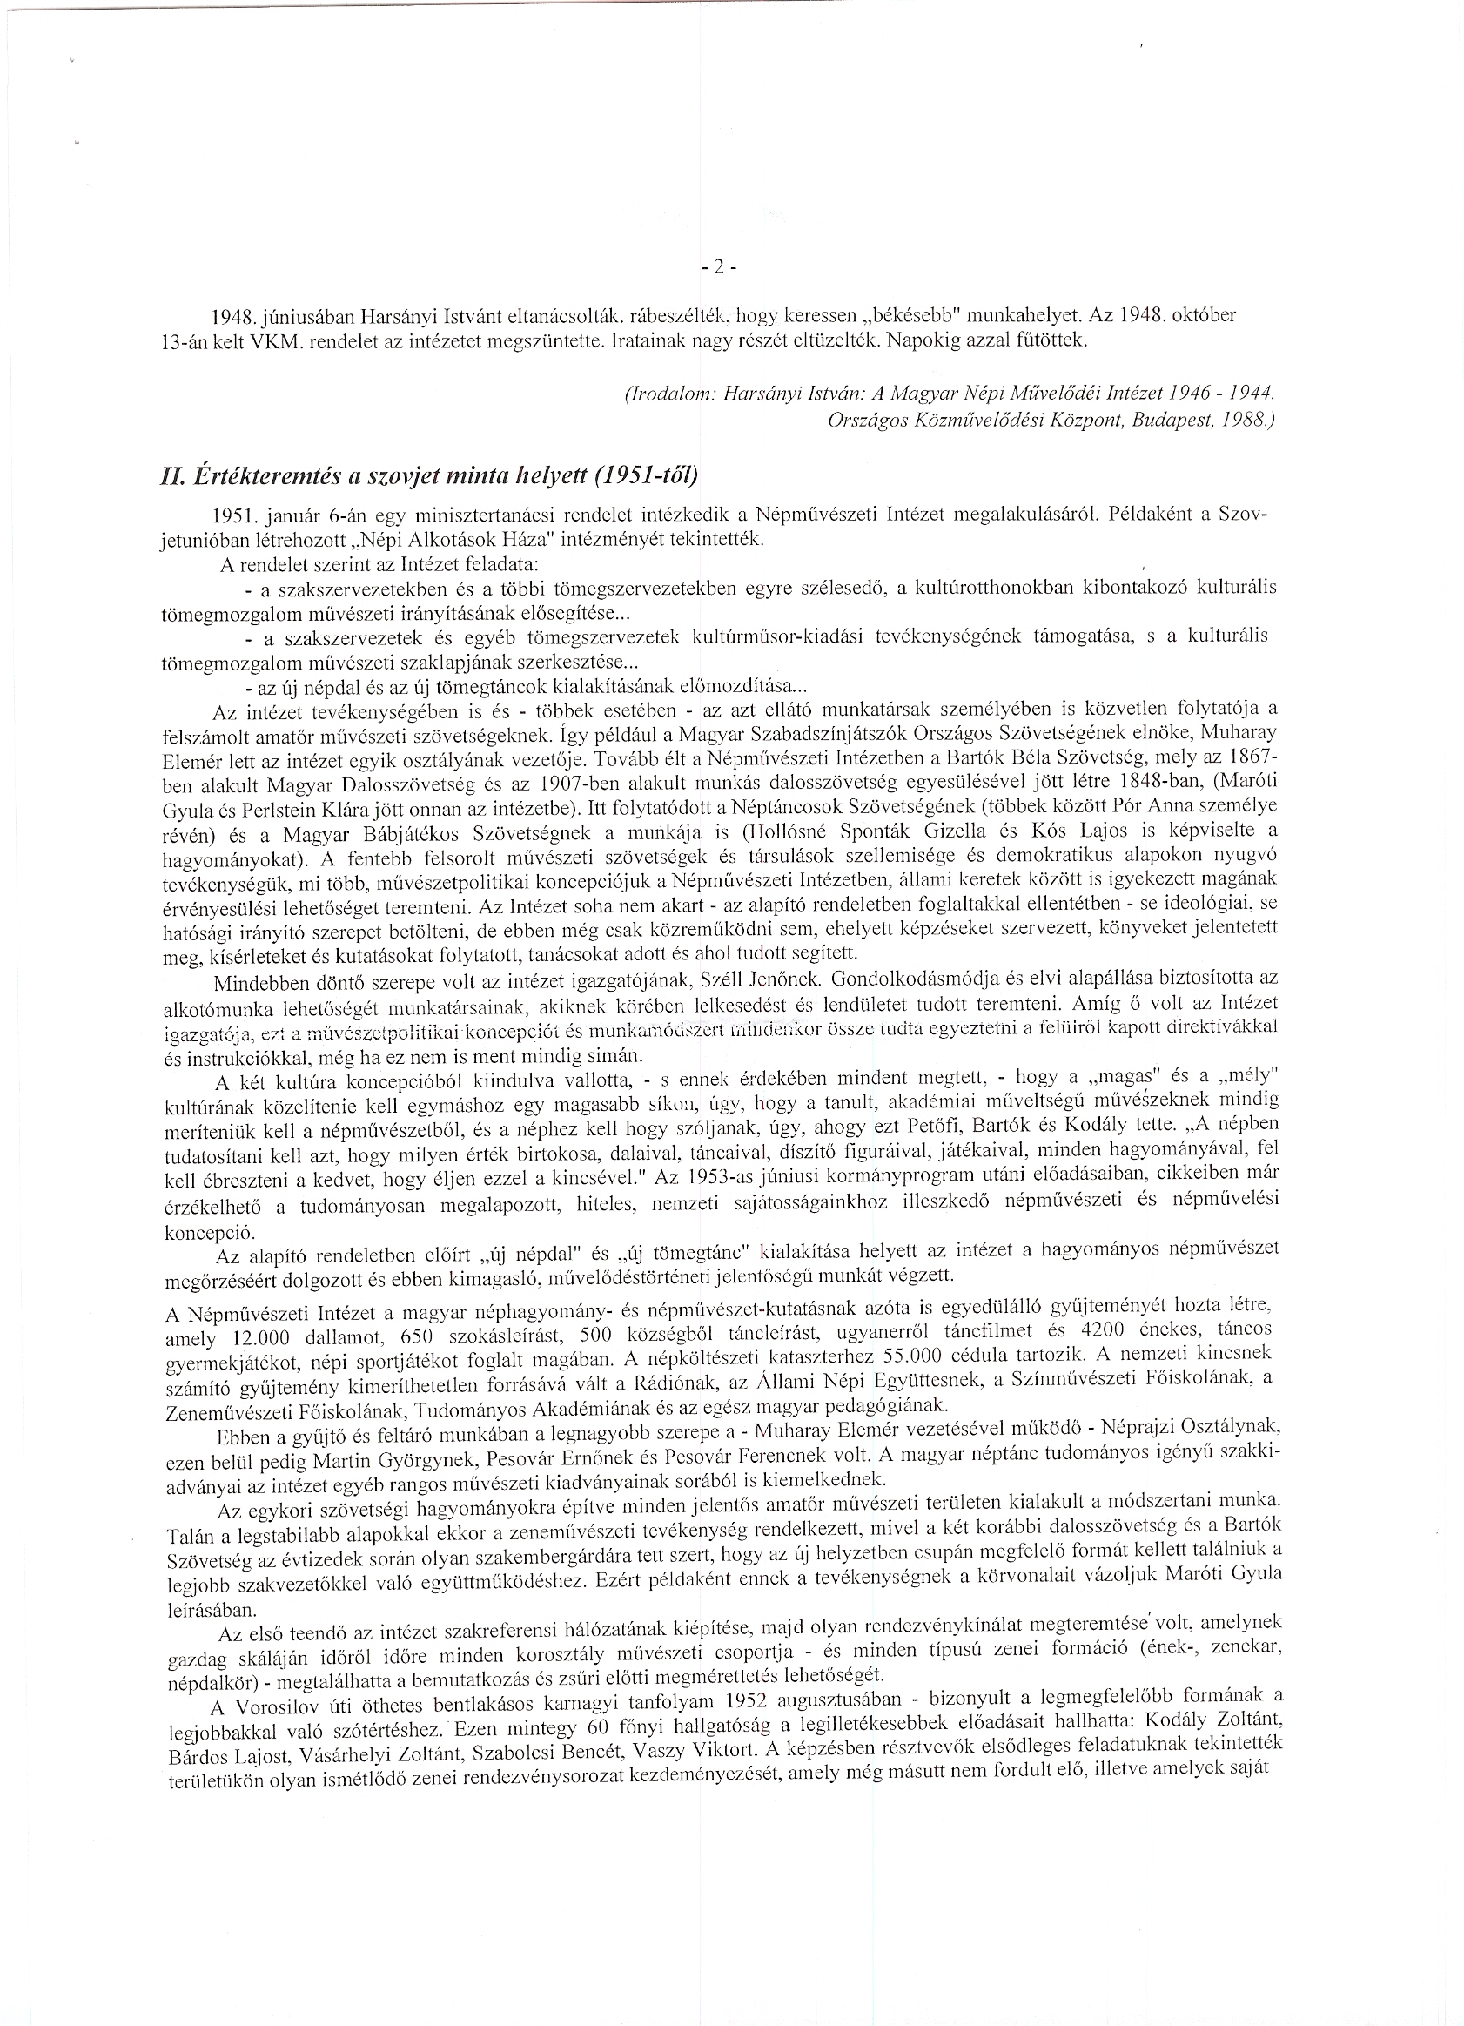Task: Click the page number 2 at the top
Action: (x=717, y=266)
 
